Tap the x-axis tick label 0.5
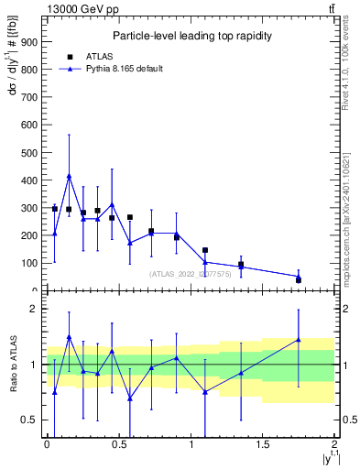click(118, 445)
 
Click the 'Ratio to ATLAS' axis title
click(13, 365)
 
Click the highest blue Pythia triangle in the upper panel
click(69, 176)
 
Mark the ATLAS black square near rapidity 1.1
click(205, 250)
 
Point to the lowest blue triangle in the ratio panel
click(130, 398)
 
